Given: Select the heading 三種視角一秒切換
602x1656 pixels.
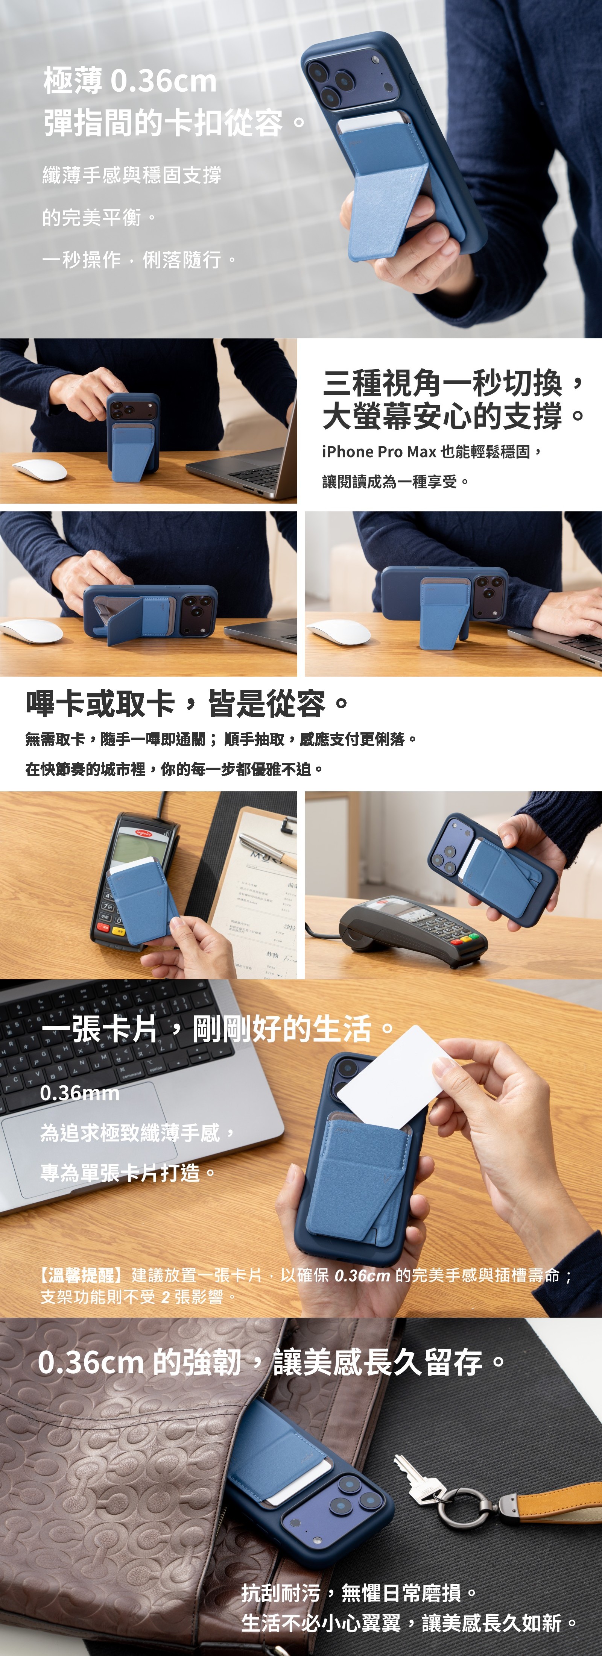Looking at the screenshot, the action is (x=443, y=383).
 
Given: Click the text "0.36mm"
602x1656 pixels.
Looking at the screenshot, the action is (x=80, y=1093).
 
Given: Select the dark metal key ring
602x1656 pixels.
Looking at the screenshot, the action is (x=458, y=1506).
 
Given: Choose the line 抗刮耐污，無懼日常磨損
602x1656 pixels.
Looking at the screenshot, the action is (x=360, y=1592).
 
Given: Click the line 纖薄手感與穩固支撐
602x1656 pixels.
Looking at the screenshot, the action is (x=132, y=174).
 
